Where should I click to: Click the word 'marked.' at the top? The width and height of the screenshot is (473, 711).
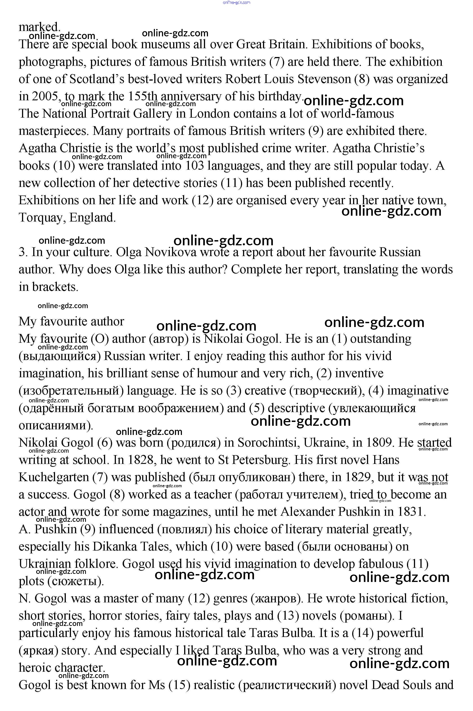(x=39, y=27)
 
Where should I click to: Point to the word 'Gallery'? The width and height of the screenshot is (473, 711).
(x=152, y=114)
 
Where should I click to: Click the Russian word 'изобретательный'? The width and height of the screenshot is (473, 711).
(x=71, y=391)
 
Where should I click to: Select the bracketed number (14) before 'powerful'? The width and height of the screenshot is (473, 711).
(x=362, y=633)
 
